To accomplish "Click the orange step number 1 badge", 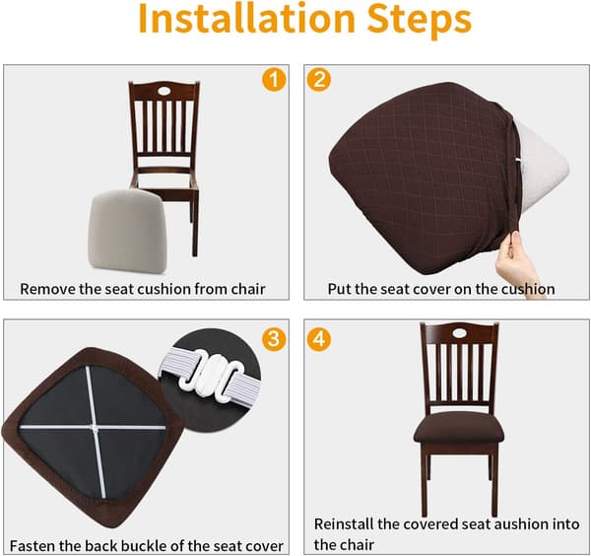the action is [274, 79].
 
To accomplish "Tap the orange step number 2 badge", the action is [319, 79].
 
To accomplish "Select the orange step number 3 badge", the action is [274, 339].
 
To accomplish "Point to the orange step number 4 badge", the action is [319, 339].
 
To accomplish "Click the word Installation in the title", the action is [246, 18].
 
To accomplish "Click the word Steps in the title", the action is [420, 20].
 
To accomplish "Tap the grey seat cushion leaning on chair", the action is [127, 231].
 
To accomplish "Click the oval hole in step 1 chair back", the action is [164, 91].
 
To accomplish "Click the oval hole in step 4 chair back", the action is [459, 333].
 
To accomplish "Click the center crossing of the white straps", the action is [94, 428].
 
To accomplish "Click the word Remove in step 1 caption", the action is [48, 289].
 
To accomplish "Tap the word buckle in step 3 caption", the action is [144, 546].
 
